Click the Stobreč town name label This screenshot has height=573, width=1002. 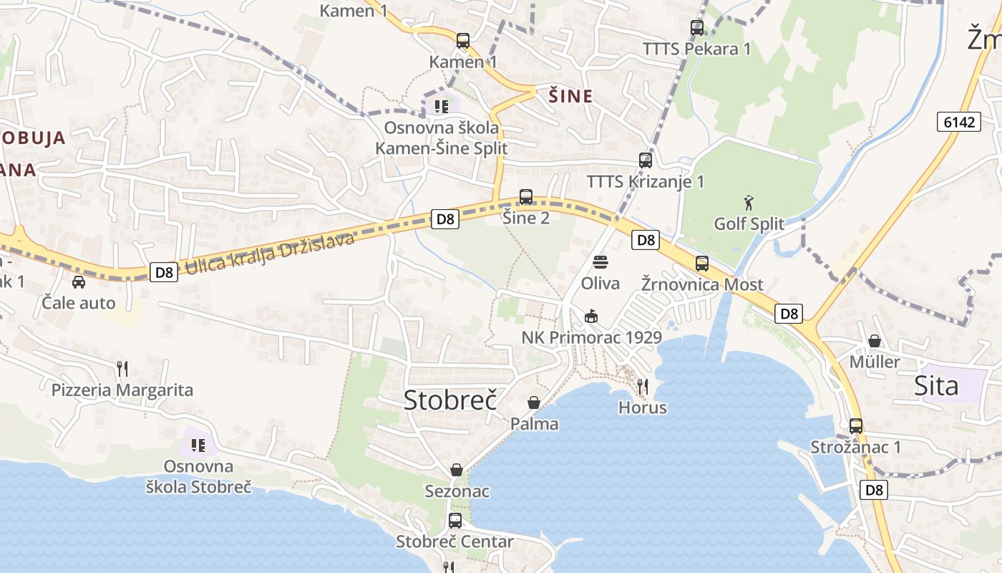click(x=450, y=400)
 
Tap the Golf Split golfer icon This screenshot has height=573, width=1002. click(x=749, y=203)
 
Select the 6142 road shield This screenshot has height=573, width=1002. click(x=958, y=122)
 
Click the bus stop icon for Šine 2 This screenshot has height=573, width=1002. click(x=526, y=196)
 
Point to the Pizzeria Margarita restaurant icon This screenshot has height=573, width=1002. click(x=122, y=369)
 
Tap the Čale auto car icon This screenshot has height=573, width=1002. click(x=79, y=281)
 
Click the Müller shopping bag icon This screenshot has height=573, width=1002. click(x=874, y=341)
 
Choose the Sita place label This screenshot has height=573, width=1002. click(x=936, y=386)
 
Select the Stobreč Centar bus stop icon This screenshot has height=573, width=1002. click(x=455, y=521)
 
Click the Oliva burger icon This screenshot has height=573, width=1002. click(x=600, y=262)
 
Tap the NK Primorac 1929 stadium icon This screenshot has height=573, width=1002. click(x=591, y=316)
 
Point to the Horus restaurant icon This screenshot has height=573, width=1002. click(x=643, y=387)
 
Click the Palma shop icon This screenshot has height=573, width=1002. click(x=534, y=403)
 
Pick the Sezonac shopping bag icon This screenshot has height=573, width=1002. click(x=457, y=470)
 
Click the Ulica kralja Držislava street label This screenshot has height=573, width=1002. click(x=270, y=254)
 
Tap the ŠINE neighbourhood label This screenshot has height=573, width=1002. click(x=570, y=96)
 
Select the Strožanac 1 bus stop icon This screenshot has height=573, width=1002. click(x=855, y=426)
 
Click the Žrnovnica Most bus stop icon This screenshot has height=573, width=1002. click(x=702, y=264)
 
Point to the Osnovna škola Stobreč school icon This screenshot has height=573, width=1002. click(x=198, y=446)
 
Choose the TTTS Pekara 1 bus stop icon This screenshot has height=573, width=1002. click(x=697, y=28)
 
